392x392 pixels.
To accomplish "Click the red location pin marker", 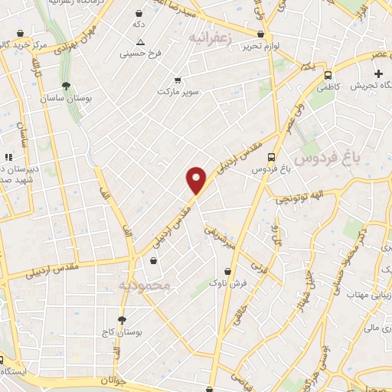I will point(197,180).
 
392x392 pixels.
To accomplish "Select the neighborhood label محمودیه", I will point(147,285).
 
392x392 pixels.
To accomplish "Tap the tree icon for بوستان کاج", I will point(121,320).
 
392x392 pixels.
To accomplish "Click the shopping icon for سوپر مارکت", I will point(178,80).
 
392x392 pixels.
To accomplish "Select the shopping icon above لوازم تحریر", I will point(261,34).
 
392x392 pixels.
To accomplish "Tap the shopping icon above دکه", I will point(138,14).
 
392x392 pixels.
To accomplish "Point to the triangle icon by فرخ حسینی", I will point(140,42).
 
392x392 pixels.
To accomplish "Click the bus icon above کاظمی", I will point(328,75).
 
